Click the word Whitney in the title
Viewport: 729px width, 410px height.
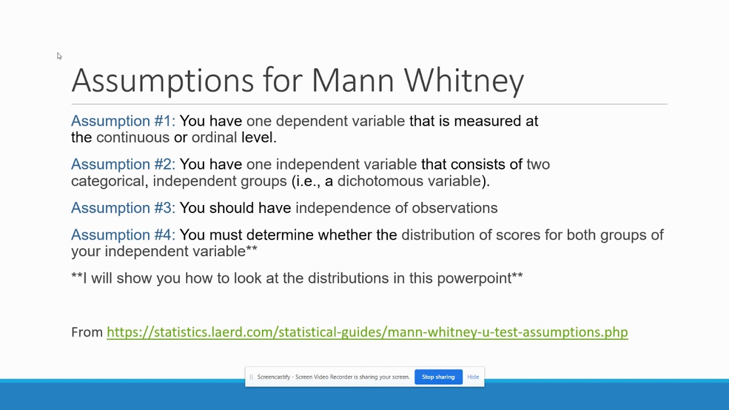pos(464,80)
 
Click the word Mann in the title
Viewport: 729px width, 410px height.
pos(353,80)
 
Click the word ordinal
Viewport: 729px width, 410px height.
pos(214,137)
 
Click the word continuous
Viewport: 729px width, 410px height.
pos(133,137)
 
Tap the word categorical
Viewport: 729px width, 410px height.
pos(108,181)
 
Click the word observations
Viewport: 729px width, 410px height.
pos(454,208)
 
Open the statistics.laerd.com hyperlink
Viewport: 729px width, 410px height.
pos(367,332)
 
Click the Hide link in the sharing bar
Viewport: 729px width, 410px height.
pos(473,377)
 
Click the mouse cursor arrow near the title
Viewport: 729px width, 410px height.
pos(59,56)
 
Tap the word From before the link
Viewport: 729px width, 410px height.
pos(87,332)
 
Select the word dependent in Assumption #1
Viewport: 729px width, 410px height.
pos(312,121)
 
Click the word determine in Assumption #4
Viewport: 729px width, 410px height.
pos(280,235)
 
